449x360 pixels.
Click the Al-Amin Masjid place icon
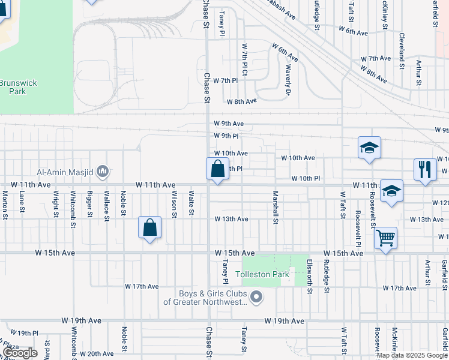pos(102,173)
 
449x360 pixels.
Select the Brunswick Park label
pos(13,87)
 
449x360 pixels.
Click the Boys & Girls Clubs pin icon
pos(257,297)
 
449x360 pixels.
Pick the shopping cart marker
pos(385,238)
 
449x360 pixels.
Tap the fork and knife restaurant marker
pos(425,169)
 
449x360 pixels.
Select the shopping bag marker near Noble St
pos(149,228)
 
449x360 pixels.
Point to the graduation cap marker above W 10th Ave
pos(369,148)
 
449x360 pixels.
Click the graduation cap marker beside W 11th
pos(391,191)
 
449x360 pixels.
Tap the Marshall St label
pos(276,208)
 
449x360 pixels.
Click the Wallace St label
pos(106,203)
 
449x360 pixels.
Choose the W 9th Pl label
pos(227,136)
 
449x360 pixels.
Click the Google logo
pos(20,353)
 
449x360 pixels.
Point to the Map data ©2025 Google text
pos(412,355)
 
